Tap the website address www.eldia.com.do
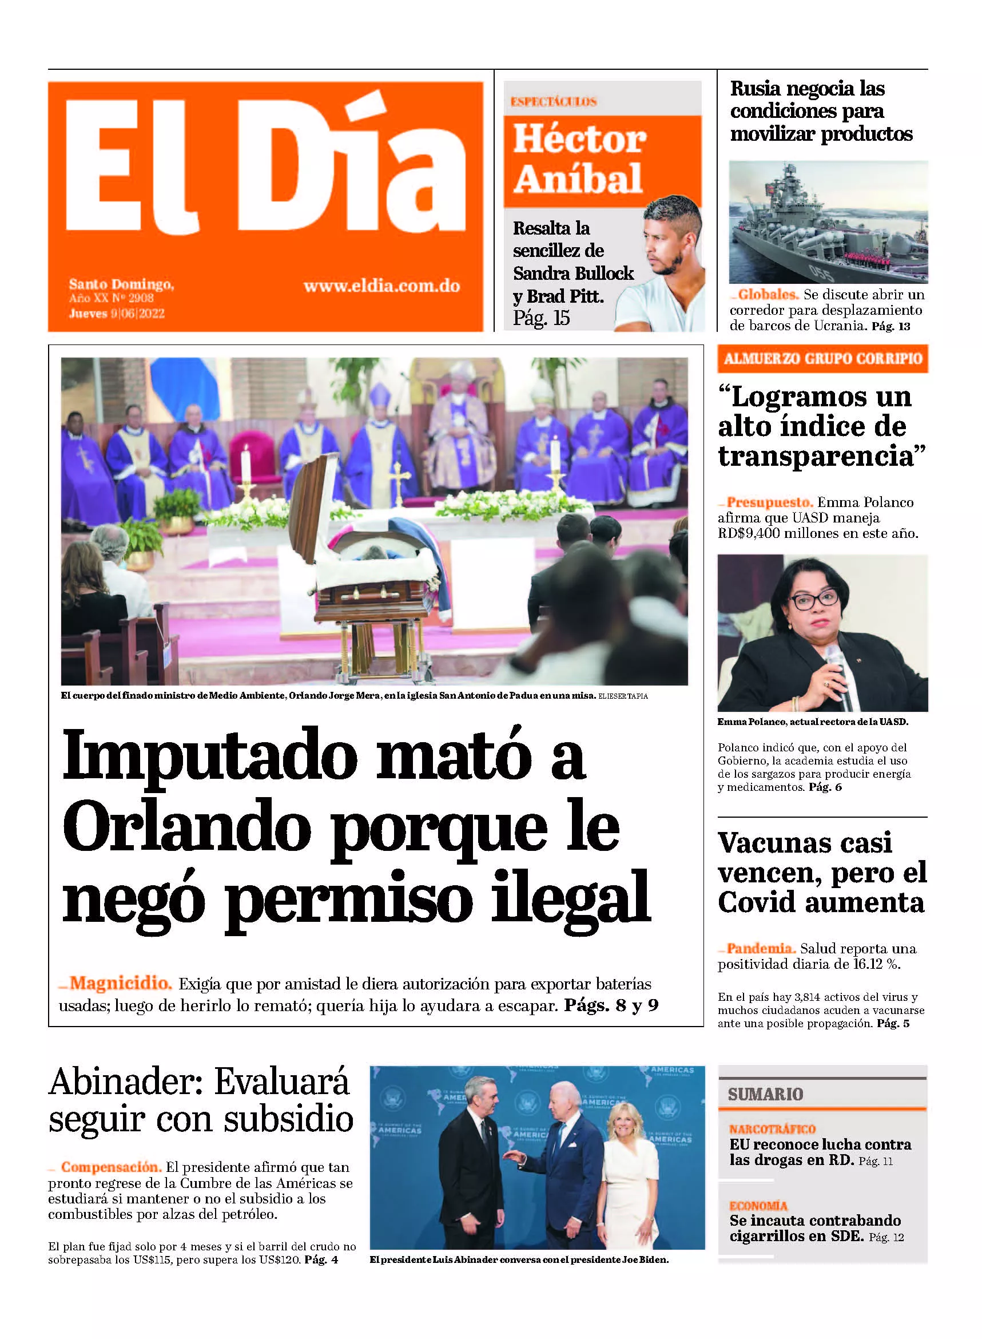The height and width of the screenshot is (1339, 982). click(x=381, y=286)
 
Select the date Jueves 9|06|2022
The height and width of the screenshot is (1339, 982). click(x=117, y=314)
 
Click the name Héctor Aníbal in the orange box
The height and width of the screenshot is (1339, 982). click(x=579, y=158)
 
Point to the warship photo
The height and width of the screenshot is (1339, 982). click(x=828, y=221)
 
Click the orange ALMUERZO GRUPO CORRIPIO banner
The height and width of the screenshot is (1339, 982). click(x=822, y=359)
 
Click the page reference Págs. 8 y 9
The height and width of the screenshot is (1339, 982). click(x=611, y=1005)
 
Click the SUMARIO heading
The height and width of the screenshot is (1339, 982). click(x=765, y=1094)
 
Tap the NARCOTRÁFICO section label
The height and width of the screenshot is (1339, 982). click(x=772, y=1129)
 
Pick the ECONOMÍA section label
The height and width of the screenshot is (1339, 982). click(x=758, y=1206)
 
